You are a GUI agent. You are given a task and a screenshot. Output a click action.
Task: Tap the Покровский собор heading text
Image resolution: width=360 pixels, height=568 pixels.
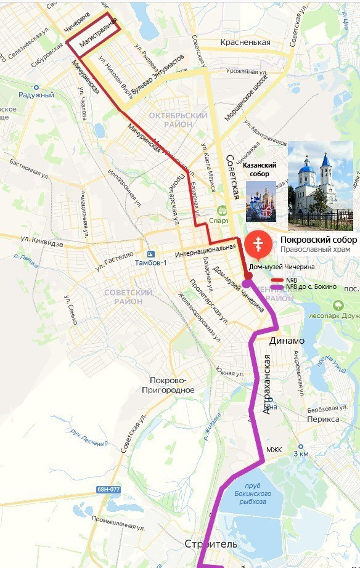319,240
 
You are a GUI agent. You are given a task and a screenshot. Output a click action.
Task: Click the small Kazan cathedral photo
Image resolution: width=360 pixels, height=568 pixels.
261,201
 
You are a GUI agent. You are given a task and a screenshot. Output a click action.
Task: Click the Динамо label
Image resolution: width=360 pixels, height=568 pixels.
287,341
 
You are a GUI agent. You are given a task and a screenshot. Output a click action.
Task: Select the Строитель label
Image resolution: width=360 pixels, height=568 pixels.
210,544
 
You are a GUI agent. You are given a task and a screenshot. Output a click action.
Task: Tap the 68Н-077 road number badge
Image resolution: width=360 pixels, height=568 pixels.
108,490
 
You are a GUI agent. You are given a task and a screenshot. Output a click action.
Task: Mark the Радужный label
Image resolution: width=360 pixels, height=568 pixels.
36,95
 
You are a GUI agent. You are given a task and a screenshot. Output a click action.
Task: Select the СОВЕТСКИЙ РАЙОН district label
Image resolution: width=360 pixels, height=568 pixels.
128,296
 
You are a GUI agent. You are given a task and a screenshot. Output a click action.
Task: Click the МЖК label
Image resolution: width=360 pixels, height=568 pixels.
274,450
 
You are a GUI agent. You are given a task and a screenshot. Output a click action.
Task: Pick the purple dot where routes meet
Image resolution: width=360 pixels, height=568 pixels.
247,283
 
